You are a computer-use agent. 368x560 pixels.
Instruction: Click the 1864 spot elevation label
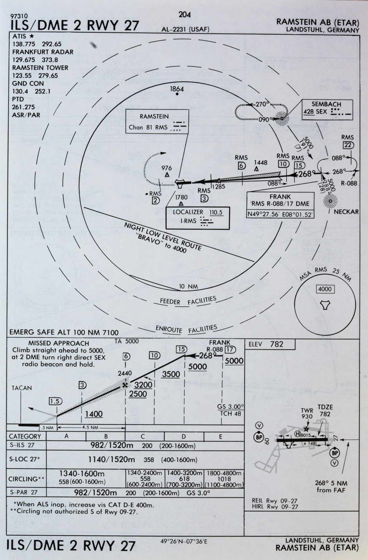tap(177, 89)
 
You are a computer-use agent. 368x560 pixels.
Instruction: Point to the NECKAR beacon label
tap(346, 212)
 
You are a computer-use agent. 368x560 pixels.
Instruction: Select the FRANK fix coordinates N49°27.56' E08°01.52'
tap(280, 214)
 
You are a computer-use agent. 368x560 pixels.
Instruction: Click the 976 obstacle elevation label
tap(167, 168)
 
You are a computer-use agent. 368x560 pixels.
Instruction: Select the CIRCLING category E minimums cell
tap(224, 479)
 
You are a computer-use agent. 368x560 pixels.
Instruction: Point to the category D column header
tap(184, 436)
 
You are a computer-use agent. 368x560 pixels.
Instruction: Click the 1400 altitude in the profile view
tap(94, 414)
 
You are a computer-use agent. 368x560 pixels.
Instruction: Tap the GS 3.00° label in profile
tap(231, 407)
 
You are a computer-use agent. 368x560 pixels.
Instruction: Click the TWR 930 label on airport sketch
tap(307, 414)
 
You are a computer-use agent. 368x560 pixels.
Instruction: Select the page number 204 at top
tap(184, 14)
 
